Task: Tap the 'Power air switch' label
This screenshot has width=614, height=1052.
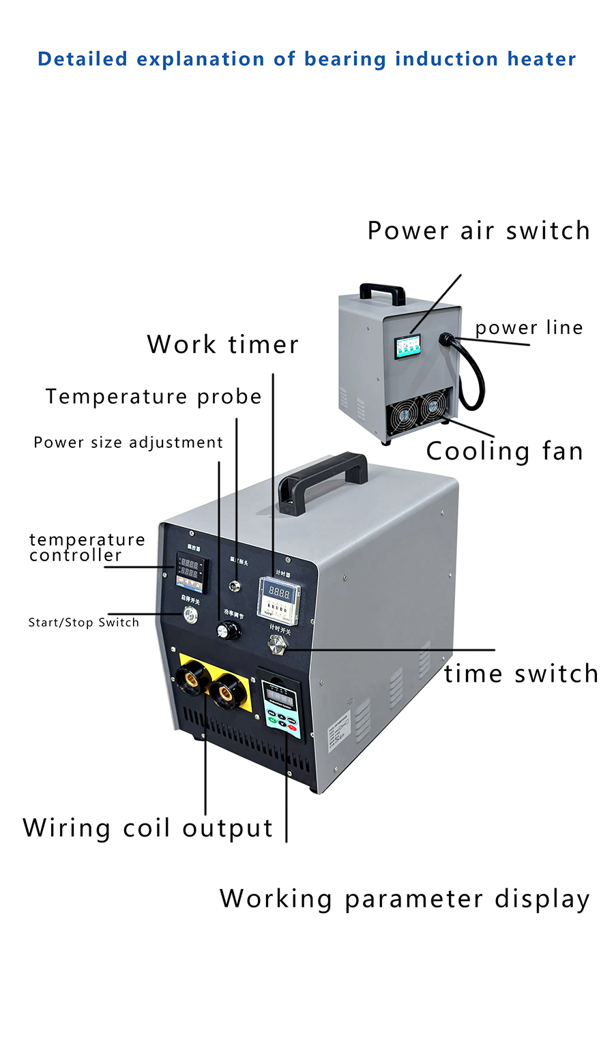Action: [x=478, y=230]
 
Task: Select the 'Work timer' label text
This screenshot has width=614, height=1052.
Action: [x=223, y=344]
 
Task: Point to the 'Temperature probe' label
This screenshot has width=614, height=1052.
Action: [x=153, y=396]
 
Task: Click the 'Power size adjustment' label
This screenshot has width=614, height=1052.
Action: [x=128, y=442]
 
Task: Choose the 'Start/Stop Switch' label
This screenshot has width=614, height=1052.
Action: [x=83, y=622]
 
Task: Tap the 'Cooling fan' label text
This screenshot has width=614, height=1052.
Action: [x=504, y=451]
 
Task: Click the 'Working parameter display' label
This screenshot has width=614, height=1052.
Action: [x=405, y=899]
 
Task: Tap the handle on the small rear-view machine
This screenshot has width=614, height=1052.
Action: [x=382, y=292]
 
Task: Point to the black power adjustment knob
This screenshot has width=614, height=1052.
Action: [x=229, y=631]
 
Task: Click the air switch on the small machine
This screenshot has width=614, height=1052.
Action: [x=409, y=347]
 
